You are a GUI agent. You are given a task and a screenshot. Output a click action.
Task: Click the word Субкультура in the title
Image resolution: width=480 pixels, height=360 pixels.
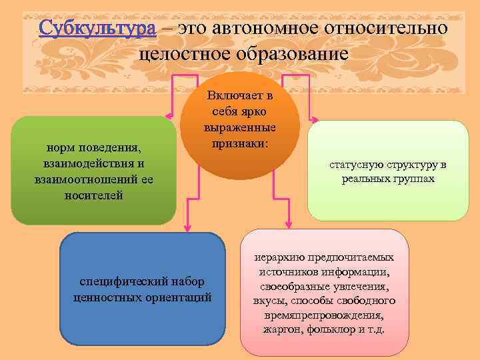(97, 29)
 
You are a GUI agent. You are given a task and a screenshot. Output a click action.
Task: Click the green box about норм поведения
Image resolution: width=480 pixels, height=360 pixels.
(93, 170)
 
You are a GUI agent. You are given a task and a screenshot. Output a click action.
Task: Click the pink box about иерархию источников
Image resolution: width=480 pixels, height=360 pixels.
(323, 293)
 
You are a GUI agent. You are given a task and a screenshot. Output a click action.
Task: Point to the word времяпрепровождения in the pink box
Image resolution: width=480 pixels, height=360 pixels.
(324, 313)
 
